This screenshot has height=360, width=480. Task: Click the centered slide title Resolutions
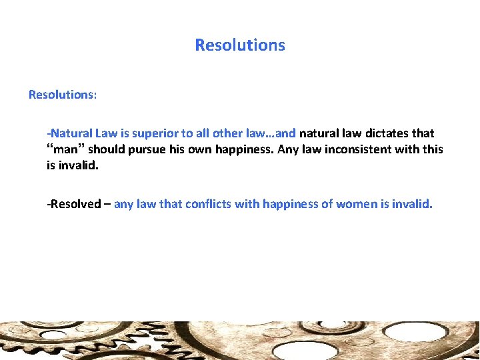[x=240, y=45]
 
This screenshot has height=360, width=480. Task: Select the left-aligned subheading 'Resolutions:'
[x=63, y=95]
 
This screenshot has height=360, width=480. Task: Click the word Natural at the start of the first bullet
[x=70, y=133]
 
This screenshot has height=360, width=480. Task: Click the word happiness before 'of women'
[x=291, y=204]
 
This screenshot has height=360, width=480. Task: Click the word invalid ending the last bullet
[x=413, y=204]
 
